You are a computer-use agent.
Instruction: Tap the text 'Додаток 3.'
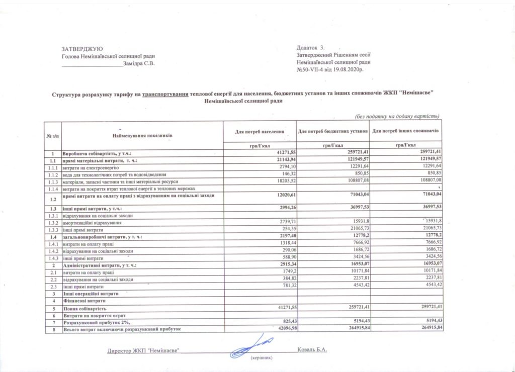coord(311,47)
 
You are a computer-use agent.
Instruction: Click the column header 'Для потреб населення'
coord(260,131)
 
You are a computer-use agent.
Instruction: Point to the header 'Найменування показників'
coord(143,135)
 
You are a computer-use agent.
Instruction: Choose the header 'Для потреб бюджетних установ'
coord(333,131)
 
